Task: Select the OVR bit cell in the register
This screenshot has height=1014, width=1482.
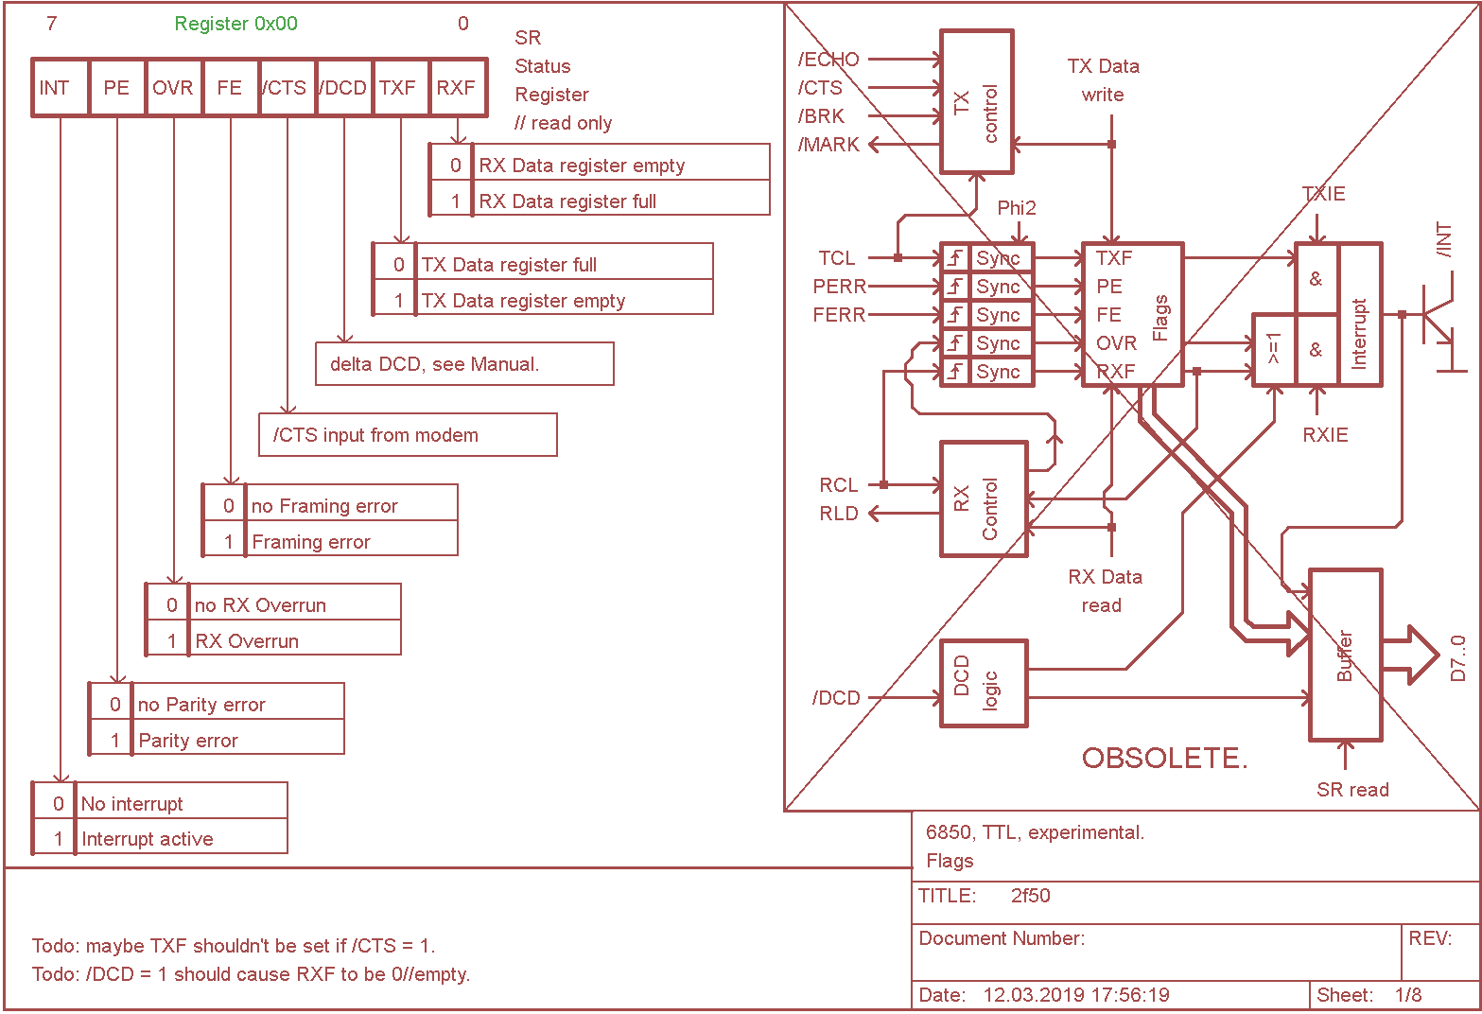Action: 173,88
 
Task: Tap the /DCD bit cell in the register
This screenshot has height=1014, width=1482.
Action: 343,88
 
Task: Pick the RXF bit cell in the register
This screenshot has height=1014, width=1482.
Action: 458,88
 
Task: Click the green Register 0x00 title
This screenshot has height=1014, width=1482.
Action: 235,24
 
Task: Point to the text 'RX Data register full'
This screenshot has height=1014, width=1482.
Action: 567,201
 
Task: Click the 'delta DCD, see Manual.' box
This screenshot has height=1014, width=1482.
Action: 463,364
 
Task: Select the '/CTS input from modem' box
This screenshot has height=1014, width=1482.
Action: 407,435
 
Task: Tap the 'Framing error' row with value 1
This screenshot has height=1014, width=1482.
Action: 311,542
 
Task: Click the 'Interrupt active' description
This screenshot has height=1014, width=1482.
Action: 148,839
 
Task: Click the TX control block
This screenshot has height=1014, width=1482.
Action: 976,102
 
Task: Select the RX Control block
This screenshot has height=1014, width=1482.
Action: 983,498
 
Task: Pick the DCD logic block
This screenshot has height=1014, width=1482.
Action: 983,683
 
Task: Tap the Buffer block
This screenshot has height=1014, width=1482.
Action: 1345,655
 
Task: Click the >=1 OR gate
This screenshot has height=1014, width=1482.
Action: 1273,350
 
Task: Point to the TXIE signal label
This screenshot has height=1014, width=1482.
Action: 1323,194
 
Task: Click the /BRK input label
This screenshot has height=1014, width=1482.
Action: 821,116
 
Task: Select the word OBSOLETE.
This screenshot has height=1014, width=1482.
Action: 1164,758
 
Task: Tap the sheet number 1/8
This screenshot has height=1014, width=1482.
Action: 1407,995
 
